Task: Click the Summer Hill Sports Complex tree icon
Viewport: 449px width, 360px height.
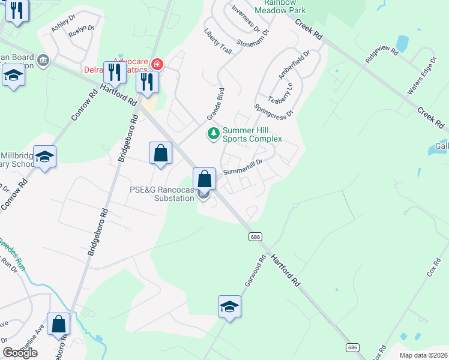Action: point(213,133)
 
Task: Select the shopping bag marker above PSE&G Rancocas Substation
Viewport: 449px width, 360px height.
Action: point(204,179)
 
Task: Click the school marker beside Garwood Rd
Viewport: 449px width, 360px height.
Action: point(229,307)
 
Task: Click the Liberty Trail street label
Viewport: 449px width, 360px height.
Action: point(217,41)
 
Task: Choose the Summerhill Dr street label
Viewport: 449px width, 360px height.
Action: point(243,167)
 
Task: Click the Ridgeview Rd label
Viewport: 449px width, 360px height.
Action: point(382,56)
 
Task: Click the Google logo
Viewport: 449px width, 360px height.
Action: point(20,353)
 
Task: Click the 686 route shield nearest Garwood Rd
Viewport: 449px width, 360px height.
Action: point(255,237)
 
